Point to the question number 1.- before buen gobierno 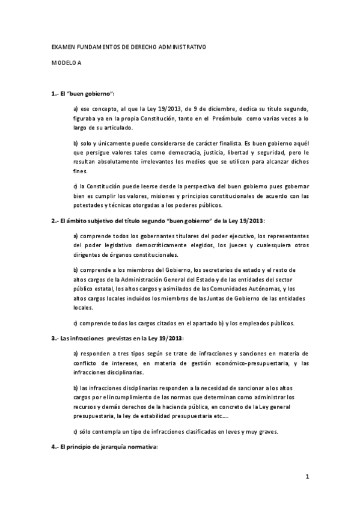click(56, 94)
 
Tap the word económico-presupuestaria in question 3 click(225, 363)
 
